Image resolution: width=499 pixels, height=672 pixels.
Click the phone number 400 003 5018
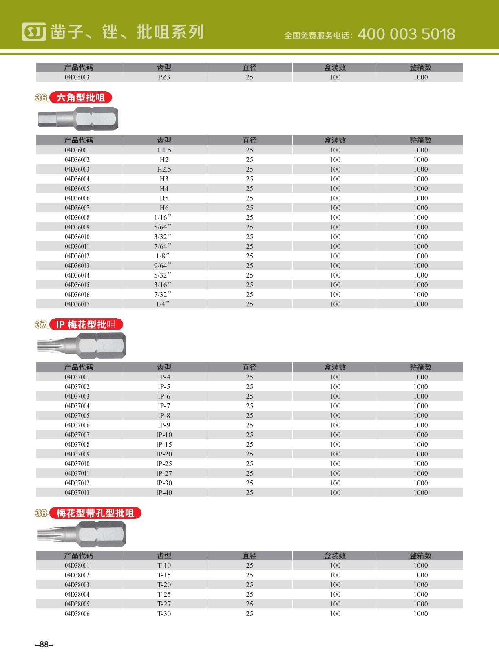pos(406,34)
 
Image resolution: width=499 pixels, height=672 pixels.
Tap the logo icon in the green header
pos(34,32)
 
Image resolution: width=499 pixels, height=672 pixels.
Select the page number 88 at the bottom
pos(44,644)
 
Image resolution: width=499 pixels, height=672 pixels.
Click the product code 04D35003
pos(77,77)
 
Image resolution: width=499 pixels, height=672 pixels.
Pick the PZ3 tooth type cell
pos(164,77)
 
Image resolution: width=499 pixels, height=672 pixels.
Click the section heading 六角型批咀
pos(81,98)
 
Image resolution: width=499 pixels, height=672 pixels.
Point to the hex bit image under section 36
pos(78,119)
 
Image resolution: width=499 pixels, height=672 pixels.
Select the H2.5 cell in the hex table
pos(164,169)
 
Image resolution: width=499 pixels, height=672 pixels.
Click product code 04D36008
pos(77,218)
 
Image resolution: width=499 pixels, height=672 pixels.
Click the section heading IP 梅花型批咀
pos(86,325)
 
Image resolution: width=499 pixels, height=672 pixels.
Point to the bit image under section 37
pos(82,346)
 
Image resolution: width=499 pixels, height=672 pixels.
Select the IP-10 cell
pos(164,435)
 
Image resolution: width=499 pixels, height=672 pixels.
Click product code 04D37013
pos(77,493)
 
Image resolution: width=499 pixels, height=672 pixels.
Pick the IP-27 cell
pos(164,473)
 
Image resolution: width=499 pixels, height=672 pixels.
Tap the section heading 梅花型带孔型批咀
pos(95,513)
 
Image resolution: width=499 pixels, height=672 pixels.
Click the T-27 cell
pos(164,604)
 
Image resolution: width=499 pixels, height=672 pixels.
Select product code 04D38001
pos(77,565)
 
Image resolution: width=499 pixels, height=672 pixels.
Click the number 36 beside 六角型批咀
pos(42,98)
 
